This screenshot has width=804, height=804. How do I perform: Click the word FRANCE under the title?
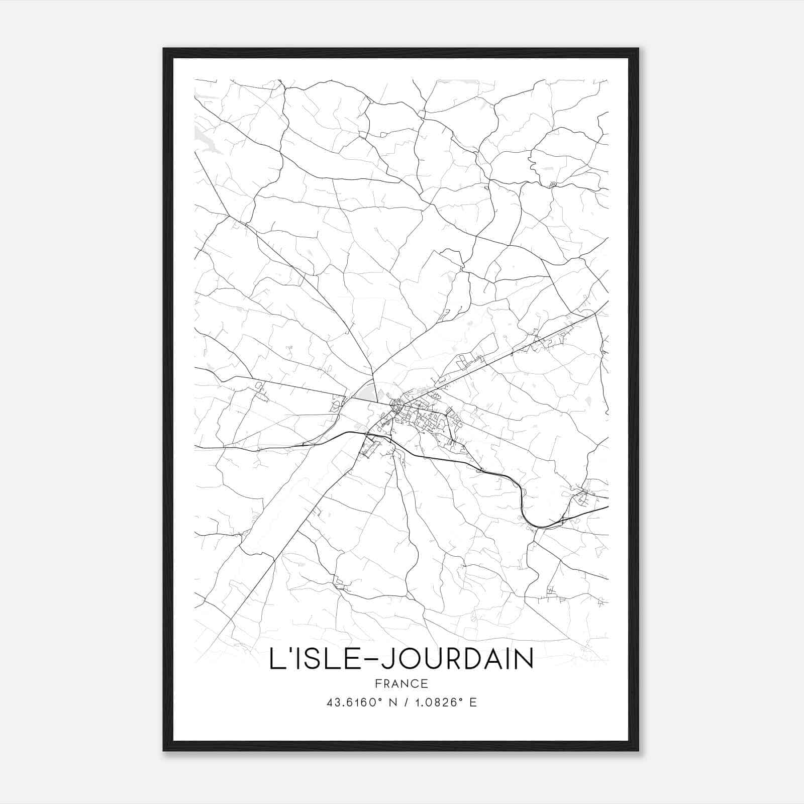click(x=401, y=683)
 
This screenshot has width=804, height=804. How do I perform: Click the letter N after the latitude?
click(x=394, y=702)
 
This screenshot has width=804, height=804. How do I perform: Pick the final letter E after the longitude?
click(x=473, y=702)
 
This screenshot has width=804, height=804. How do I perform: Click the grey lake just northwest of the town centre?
click(x=366, y=392)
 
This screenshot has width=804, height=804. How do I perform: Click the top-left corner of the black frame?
click(x=164, y=49)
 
